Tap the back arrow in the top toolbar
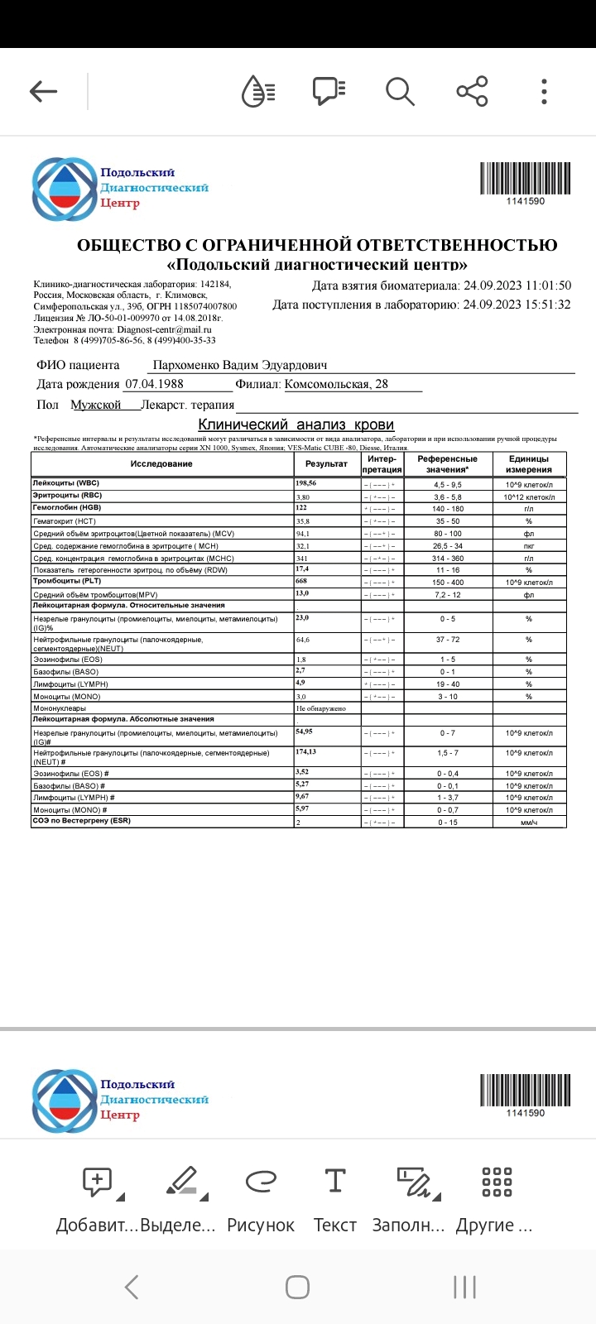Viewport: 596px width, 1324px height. [x=43, y=91]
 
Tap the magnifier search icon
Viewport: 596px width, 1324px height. [x=400, y=91]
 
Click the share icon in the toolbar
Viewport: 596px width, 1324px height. [x=472, y=91]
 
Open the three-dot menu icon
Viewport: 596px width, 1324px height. [x=544, y=91]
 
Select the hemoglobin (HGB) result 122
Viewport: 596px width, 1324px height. [x=302, y=507]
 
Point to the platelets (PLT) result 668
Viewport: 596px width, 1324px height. [x=302, y=582]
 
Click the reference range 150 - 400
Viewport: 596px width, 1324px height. [x=447, y=583]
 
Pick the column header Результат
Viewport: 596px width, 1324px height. [x=326, y=464]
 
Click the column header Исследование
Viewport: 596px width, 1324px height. [x=161, y=464]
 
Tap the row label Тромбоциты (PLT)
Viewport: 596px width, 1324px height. [x=66, y=582]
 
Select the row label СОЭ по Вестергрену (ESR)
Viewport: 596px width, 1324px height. [x=81, y=821]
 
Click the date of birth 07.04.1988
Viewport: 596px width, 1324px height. [x=154, y=384]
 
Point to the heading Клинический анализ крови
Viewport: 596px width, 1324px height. [x=296, y=425]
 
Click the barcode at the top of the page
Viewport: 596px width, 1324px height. [x=525, y=178]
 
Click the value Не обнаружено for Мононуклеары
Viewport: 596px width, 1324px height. [x=321, y=708]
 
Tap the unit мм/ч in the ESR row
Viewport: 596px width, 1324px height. [x=528, y=822]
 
